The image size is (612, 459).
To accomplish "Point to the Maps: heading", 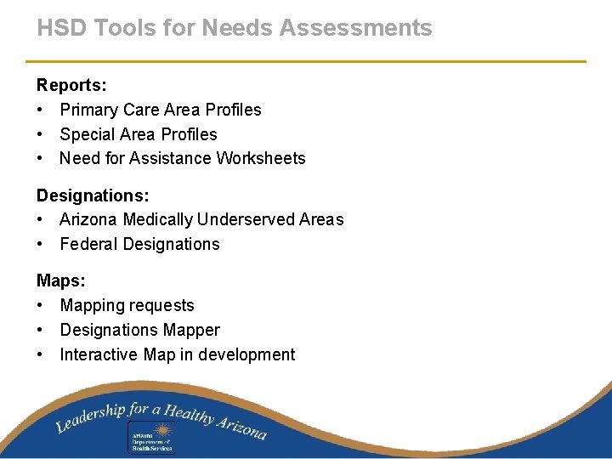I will (x=60, y=280).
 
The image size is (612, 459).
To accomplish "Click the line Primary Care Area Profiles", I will (x=161, y=110).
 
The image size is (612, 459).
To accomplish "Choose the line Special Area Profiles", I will (x=139, y=134).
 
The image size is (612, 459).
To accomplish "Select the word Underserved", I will (x=246, y=219).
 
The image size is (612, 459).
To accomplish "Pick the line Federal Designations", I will (x=139, y=244).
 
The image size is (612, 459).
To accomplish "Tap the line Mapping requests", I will (x=127, y=305).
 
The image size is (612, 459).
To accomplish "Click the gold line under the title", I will (x=306, y=61).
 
